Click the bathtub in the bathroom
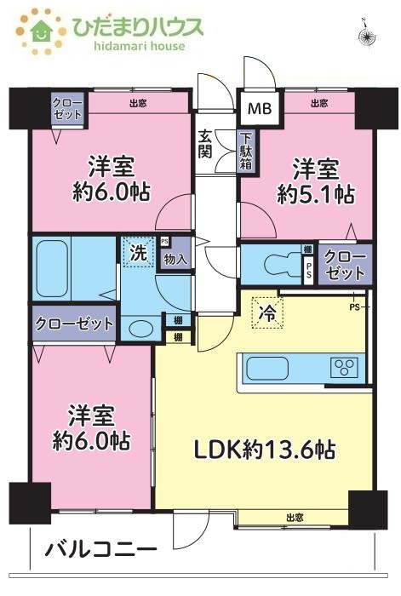(61, 256)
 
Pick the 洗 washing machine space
(136, 252)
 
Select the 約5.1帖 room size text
(316, 193)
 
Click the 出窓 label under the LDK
(295, 517)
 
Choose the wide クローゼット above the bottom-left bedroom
(74, 323)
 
